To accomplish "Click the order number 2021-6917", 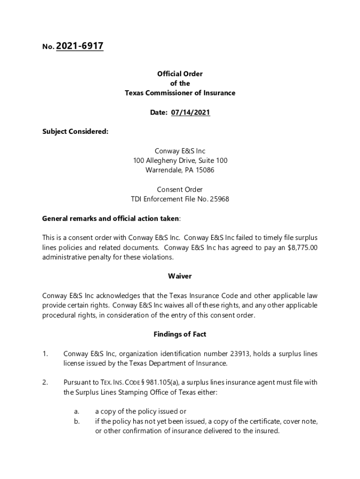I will click(x=79, y=46).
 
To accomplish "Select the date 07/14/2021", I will click(x=190, y=113).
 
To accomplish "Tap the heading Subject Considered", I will click(x=75, y=132).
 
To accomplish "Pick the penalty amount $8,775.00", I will click(x=298, y=247).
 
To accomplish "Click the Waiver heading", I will click(x=180, y=276).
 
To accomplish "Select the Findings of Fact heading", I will click(x=180, y=334).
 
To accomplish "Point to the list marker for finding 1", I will click(x=45, y=354).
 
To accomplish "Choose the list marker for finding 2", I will click(x=45, y=383).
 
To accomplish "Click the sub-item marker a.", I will click(x=77, y=412).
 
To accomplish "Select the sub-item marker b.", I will click(x=77, y=421).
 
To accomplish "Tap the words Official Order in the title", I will click(x=180, y=74).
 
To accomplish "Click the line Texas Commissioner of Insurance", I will click(x=180, y=93).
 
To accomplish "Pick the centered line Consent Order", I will click(x=180, y=189).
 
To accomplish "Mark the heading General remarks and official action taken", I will click(x=110, y=218).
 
